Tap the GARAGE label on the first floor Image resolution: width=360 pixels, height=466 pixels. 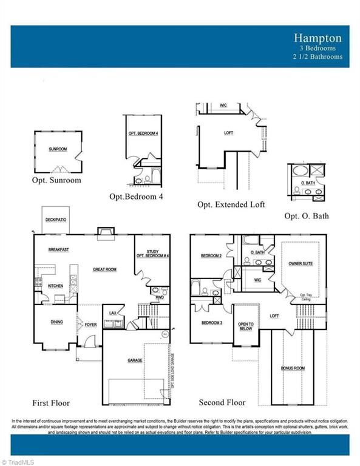pos(135,360)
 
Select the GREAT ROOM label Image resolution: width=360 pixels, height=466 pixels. pos(104,269)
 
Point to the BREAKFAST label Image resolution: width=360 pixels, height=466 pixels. pos(59,249)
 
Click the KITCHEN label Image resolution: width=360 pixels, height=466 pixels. pos(55,285)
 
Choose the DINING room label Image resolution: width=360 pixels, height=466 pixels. pos(56,322)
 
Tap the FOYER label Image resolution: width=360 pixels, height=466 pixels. pos(90,325)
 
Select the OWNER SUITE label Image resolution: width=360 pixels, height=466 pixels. pos(301,264)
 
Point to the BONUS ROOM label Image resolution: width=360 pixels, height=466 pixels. pos(293,368)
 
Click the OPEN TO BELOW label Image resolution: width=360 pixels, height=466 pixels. pos(246,326)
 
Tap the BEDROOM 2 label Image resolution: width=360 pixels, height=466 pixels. pos(211,256)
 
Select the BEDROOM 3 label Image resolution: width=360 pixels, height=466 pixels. pos(211,322)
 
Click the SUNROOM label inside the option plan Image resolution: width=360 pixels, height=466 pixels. pos(57,149)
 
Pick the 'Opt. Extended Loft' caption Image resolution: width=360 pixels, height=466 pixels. pos(231,204)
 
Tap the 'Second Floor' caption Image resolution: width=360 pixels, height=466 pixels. pos(222,402)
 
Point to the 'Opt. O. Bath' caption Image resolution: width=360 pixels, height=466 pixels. pos(307,215)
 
